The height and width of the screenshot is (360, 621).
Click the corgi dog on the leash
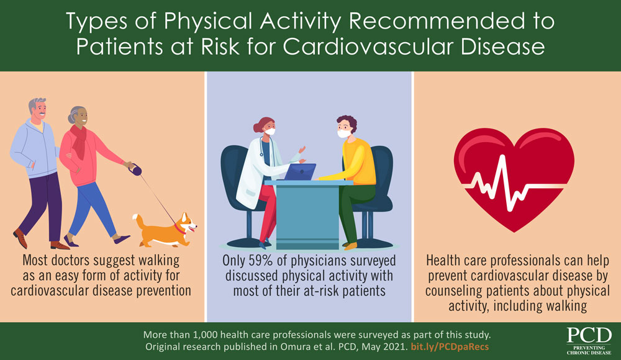click(165, 228)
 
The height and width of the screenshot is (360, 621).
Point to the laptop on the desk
click(299, 173)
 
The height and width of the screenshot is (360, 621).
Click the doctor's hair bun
click(258, 128)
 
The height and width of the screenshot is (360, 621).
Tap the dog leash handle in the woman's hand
click(130, 166)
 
